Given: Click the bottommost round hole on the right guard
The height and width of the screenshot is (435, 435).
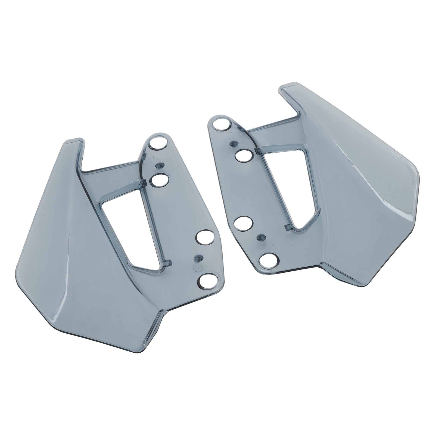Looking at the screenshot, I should coord(269,261).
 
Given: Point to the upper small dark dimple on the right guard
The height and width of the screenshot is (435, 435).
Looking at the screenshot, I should coord(233,143).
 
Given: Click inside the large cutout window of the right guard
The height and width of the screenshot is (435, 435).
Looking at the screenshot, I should coord(288,188).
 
